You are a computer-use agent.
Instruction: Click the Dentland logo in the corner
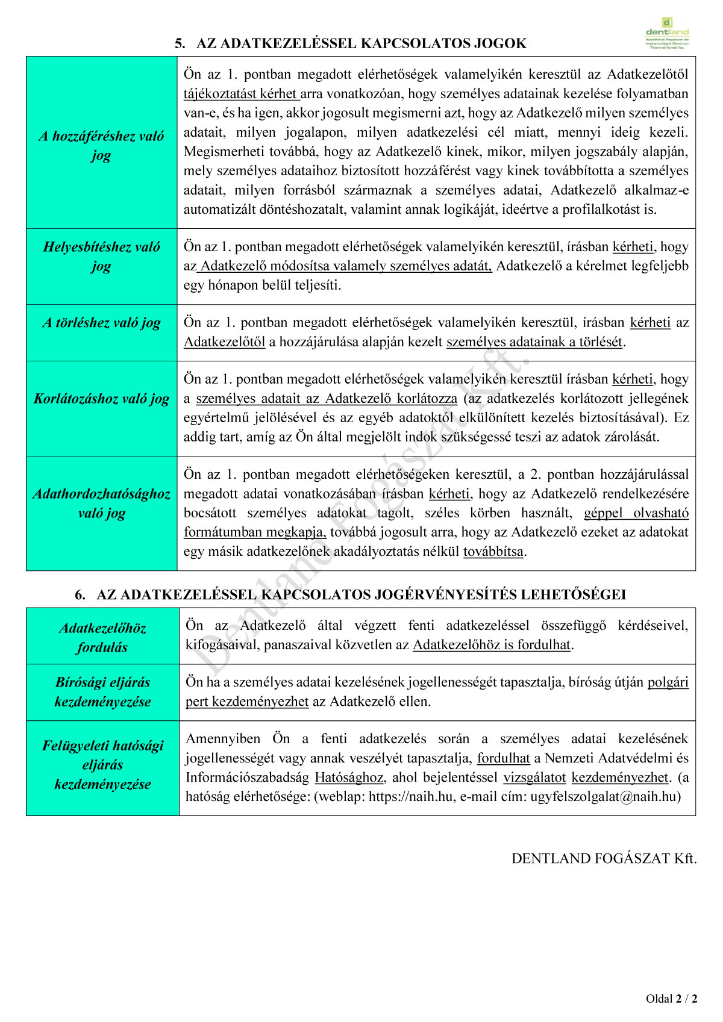point(667,33)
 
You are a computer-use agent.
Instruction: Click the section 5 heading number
point(180,43)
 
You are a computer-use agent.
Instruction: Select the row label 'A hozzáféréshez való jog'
point(101,145)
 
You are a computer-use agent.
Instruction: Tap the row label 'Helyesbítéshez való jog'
point(101,256)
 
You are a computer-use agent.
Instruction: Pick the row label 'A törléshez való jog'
point(101,323)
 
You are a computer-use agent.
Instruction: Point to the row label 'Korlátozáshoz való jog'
point(101,399)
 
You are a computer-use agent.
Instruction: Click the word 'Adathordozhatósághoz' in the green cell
point(101,494)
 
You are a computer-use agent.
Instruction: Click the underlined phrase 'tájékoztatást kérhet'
point(240,94)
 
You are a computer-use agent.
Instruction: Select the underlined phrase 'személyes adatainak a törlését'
point(534,342)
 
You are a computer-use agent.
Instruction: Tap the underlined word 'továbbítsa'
point(493,552)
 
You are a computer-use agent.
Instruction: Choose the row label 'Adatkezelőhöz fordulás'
point(102,638)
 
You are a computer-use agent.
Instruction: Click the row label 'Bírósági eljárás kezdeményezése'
point(102,692)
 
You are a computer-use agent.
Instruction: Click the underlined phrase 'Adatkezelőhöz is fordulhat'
point(491,645)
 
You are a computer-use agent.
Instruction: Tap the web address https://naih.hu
point(411,797)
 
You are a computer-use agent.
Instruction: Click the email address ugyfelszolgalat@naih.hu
point(604,797)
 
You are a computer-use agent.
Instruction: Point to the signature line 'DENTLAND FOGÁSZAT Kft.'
point(604,859)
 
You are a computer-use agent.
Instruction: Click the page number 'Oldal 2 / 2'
point(671,999)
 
